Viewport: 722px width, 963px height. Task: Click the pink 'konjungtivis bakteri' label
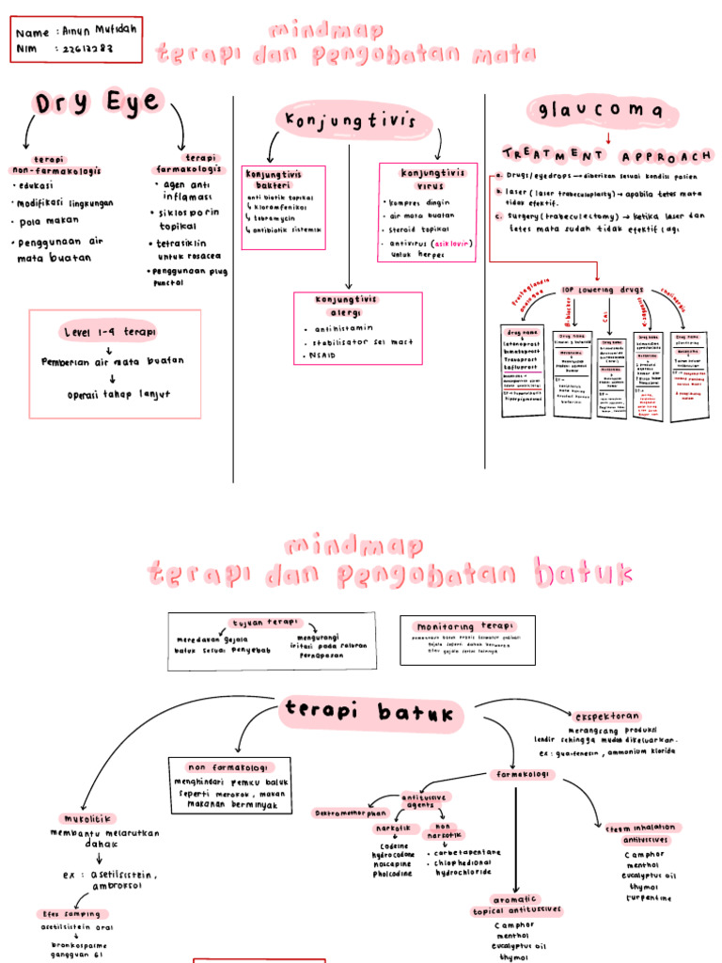click(x=274, y=180)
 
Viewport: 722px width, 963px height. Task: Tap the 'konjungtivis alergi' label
click(x=346, y=305)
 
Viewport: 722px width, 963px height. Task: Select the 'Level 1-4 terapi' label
click(x=109, y=333)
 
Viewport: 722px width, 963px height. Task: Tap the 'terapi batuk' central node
click(x=372, y=714)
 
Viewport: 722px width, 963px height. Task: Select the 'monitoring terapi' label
click(x=465, y=626)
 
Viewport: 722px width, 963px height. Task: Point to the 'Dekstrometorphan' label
click(x=350, y=813)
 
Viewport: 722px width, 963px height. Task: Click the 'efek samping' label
click(x=71, y=913)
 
